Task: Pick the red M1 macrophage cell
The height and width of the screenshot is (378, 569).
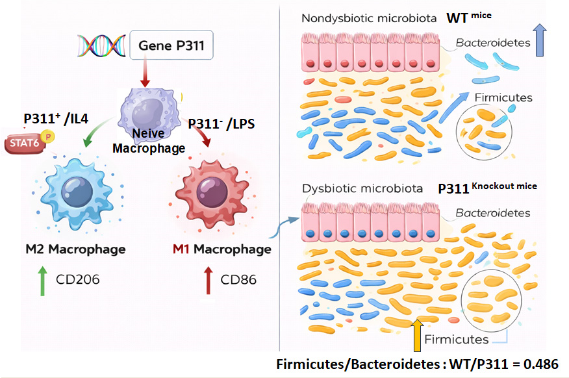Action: (209, 189)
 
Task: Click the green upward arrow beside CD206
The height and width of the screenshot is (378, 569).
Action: (42, 281)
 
